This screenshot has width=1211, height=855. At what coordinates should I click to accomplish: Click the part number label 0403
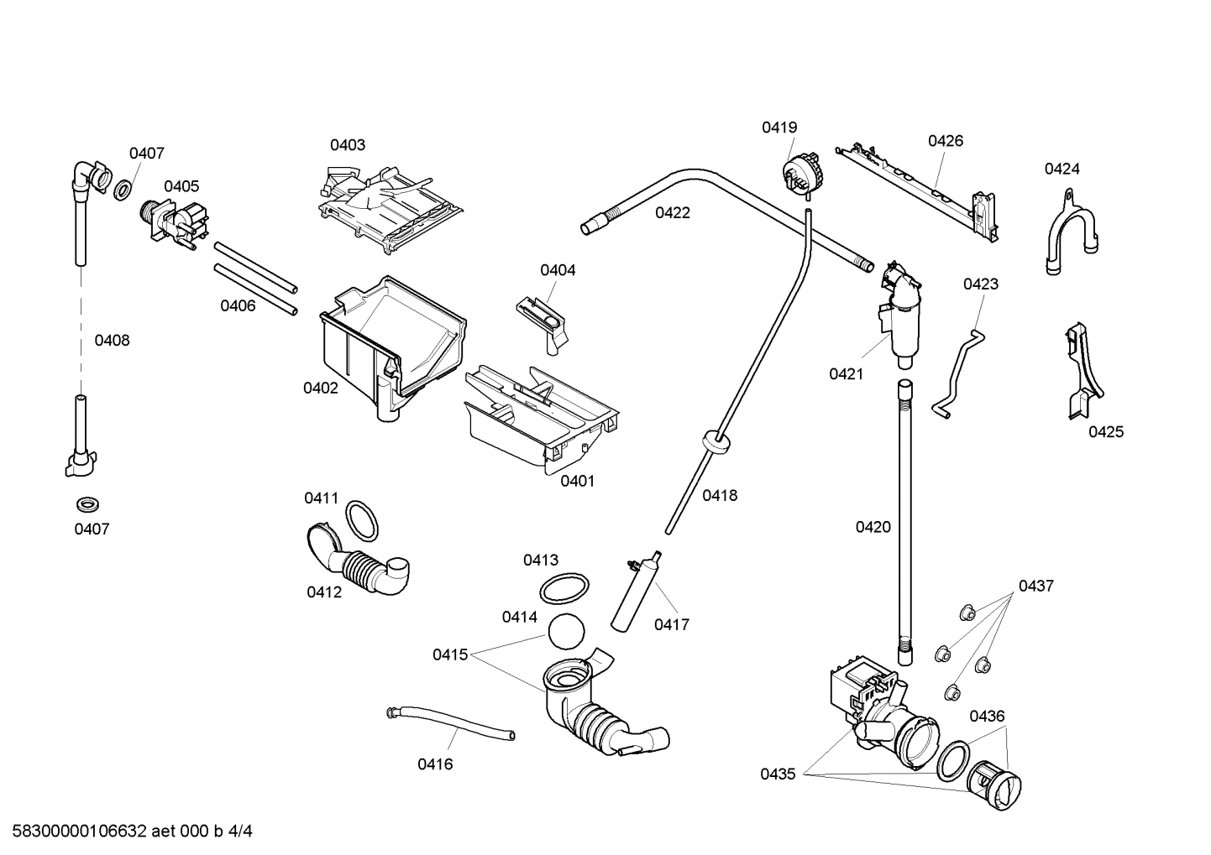[347, 145]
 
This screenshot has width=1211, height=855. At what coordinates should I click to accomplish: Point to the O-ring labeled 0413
[563, 589]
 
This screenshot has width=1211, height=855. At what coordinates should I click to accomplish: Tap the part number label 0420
[873, 527]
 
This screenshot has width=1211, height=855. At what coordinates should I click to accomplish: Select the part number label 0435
[778, 774]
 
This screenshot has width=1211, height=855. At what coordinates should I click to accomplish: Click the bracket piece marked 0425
[1083, 370]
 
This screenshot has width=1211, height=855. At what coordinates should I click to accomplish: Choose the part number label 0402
[321, 388]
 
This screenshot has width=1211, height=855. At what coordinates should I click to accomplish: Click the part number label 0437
[1035, 586]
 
